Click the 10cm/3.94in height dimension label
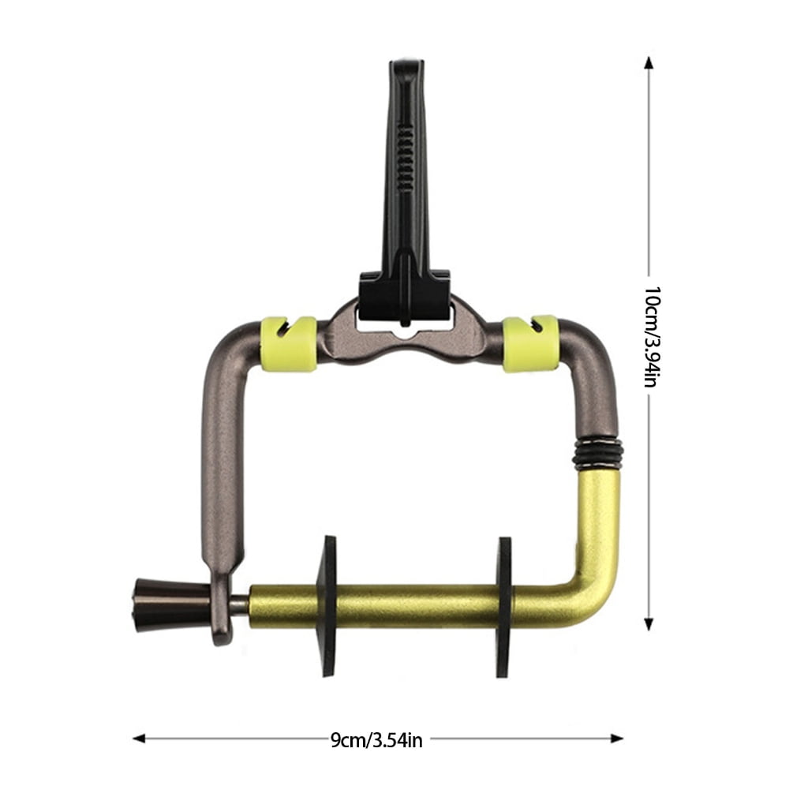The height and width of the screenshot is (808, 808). pyautogui.click(x=651, y=337)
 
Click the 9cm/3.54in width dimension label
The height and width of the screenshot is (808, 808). pyautogui.click(x=376, y=740)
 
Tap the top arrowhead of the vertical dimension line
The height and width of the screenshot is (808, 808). pyautogui.click(x=649, y=63)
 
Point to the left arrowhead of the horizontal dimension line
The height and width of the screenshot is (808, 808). pyautogui.click(x=139, y=739)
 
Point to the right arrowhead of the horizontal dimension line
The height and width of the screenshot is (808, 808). pyautogui.click(x=617, y=739)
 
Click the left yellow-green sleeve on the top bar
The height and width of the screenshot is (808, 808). pyautogui.click(x=289, y=344)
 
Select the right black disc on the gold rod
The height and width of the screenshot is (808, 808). pyautogui.click(x=504, y=607)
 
